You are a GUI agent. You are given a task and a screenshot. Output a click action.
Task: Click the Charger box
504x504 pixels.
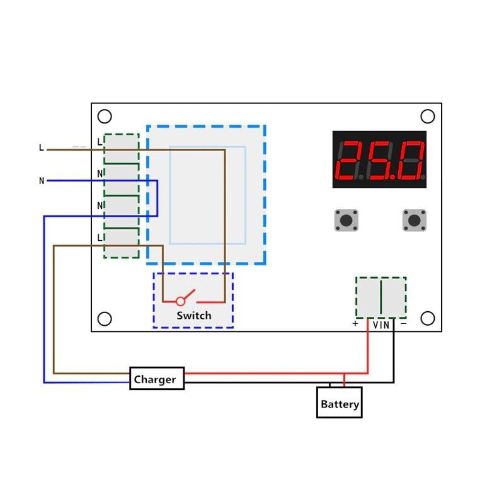point(157,379)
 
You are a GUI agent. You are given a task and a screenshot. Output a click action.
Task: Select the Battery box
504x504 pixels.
point(340,403)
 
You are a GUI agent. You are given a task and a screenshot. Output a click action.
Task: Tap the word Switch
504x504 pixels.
point(194,316)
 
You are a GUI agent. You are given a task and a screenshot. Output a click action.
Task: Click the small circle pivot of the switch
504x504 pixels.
point(181,301)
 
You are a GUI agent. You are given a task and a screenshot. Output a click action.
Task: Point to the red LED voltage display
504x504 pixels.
point(379,159)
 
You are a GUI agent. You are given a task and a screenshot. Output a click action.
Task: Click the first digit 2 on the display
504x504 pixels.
point(348,160)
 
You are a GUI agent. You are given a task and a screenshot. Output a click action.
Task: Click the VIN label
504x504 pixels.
point(381,325)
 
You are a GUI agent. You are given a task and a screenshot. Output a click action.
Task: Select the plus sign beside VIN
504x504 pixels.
point(355,323)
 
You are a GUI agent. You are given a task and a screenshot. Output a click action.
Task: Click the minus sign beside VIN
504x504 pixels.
point(403,323)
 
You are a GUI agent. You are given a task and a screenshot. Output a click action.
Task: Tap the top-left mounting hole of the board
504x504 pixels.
point(105,117)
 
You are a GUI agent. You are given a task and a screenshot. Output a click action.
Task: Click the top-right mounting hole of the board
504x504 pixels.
point(428,117)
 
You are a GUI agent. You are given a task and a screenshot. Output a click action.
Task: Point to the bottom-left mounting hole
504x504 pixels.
point(105,319)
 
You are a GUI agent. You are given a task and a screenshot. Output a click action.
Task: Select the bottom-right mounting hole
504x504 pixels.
point(428,318)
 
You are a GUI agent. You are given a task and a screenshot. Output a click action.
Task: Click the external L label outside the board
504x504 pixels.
point(41,148)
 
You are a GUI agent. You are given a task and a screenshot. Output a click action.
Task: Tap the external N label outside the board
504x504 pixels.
point(42,181)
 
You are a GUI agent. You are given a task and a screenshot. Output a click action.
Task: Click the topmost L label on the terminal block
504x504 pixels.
point(100,142)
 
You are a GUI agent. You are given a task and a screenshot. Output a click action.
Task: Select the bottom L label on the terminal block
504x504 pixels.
point(100,238)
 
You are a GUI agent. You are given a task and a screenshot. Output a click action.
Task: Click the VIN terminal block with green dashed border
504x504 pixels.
point(381,297)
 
